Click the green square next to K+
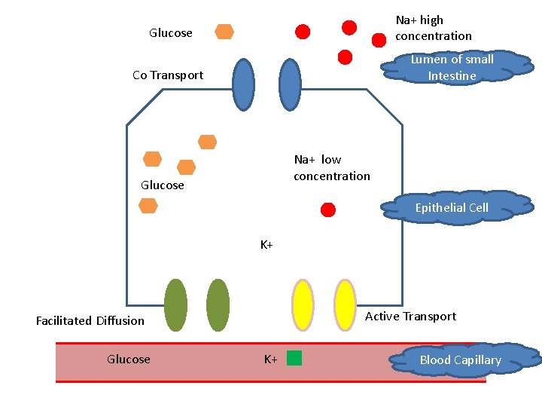(294, 358)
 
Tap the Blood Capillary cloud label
(460, 360)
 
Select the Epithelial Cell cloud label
(452, 207)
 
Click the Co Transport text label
(168, 75)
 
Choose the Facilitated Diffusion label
(90, 320)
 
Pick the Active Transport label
(410, 316)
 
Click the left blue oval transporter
(243, 84)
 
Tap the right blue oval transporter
(289, 84)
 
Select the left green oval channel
(175, 304)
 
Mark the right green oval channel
(218, 304)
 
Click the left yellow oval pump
(303, 304)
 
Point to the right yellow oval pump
(345, 304)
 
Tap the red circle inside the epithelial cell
(327, 210)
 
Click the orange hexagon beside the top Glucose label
(224, 32)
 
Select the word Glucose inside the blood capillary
(129, 359)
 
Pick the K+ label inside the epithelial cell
(266, 244)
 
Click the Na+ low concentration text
(332, 167)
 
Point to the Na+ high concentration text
(434, 28)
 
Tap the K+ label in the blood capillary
(270, 359)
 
